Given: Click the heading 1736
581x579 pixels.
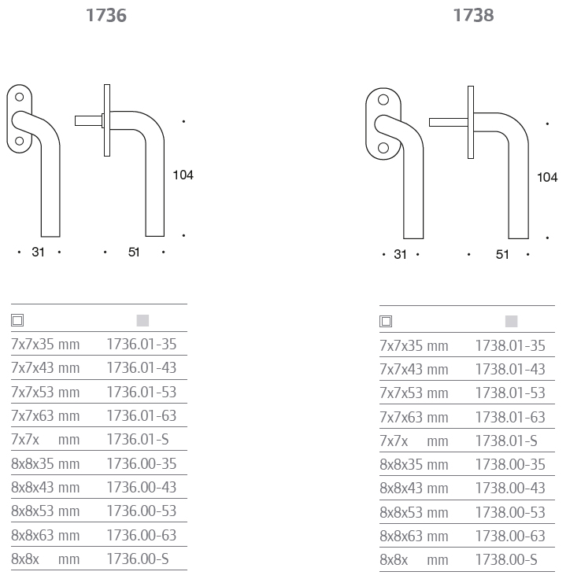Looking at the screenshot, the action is (x=106, y=16).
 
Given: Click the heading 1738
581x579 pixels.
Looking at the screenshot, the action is (x=474, y=16).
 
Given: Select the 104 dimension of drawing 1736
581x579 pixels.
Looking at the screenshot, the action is (x=183, y=175).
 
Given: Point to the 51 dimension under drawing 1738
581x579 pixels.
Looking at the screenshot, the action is (x=502, y=255).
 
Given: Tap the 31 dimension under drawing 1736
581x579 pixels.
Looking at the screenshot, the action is (x=38, y=252).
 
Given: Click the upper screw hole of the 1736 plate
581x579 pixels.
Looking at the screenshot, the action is (x=19, y=97).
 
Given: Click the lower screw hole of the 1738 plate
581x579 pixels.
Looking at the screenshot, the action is (x=383, y=148).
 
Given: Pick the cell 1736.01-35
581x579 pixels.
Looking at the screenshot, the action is (x=142, y=345).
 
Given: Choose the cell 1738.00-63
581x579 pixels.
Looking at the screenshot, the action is (x=510, y=536).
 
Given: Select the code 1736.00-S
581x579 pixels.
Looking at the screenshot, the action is (x=138, y=559).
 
